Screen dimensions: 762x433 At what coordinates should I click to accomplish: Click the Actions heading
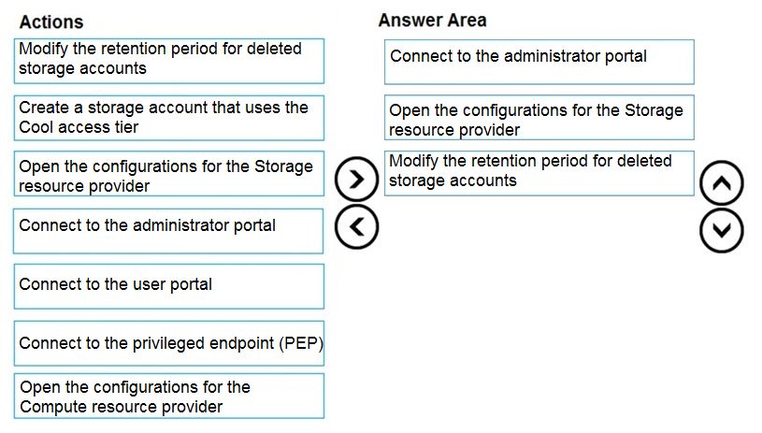point(51,22)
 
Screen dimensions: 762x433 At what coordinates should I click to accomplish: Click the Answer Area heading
point(432,21)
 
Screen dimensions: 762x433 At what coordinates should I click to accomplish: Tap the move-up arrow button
point(721,182)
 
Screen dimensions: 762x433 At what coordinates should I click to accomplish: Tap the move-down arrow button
point(721,230)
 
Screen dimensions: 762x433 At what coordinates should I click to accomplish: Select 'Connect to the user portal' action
point(168,286)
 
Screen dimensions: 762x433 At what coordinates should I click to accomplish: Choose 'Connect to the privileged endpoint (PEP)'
point(168,343)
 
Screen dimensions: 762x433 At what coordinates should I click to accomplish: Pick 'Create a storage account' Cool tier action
point(168,118)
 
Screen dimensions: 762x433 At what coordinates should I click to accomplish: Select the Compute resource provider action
point(168,397)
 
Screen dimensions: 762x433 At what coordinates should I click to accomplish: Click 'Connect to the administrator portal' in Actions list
point(168,231)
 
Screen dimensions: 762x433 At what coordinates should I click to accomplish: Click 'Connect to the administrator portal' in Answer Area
point(539,63)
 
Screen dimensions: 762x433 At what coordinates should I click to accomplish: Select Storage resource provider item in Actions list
point(168,174)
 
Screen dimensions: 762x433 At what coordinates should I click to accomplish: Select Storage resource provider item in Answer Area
point(539,118)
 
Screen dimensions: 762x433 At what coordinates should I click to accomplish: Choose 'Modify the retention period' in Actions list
point(168,61)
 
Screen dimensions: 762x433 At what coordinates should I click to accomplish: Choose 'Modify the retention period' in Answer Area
point(539,174)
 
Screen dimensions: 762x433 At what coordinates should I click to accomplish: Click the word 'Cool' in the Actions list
point(36,127)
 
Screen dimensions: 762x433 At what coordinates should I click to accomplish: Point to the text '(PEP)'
point(300,343)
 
